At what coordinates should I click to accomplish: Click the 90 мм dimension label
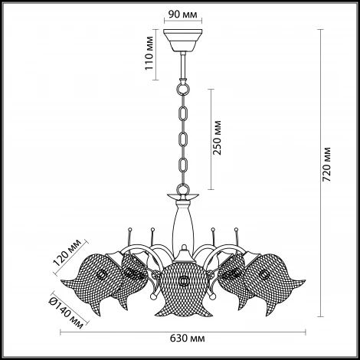click(183, 15)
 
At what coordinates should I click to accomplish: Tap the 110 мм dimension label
click(149, 53)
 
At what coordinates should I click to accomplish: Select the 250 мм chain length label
click(217, 137)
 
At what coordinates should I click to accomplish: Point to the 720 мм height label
click(326, 164)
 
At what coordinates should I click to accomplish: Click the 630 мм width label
click(188, 339)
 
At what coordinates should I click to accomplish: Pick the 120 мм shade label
click(67, 253)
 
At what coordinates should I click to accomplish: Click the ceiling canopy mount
click(183, 40)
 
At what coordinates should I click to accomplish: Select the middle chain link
click(183, 139)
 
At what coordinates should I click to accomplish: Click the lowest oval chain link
click(183, 165)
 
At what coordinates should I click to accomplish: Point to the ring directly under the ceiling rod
click(183, 89)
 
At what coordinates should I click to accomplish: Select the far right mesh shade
click(275, 282)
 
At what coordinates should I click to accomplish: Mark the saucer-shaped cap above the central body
click(183, 196)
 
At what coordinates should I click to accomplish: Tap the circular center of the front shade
click(183, 280)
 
